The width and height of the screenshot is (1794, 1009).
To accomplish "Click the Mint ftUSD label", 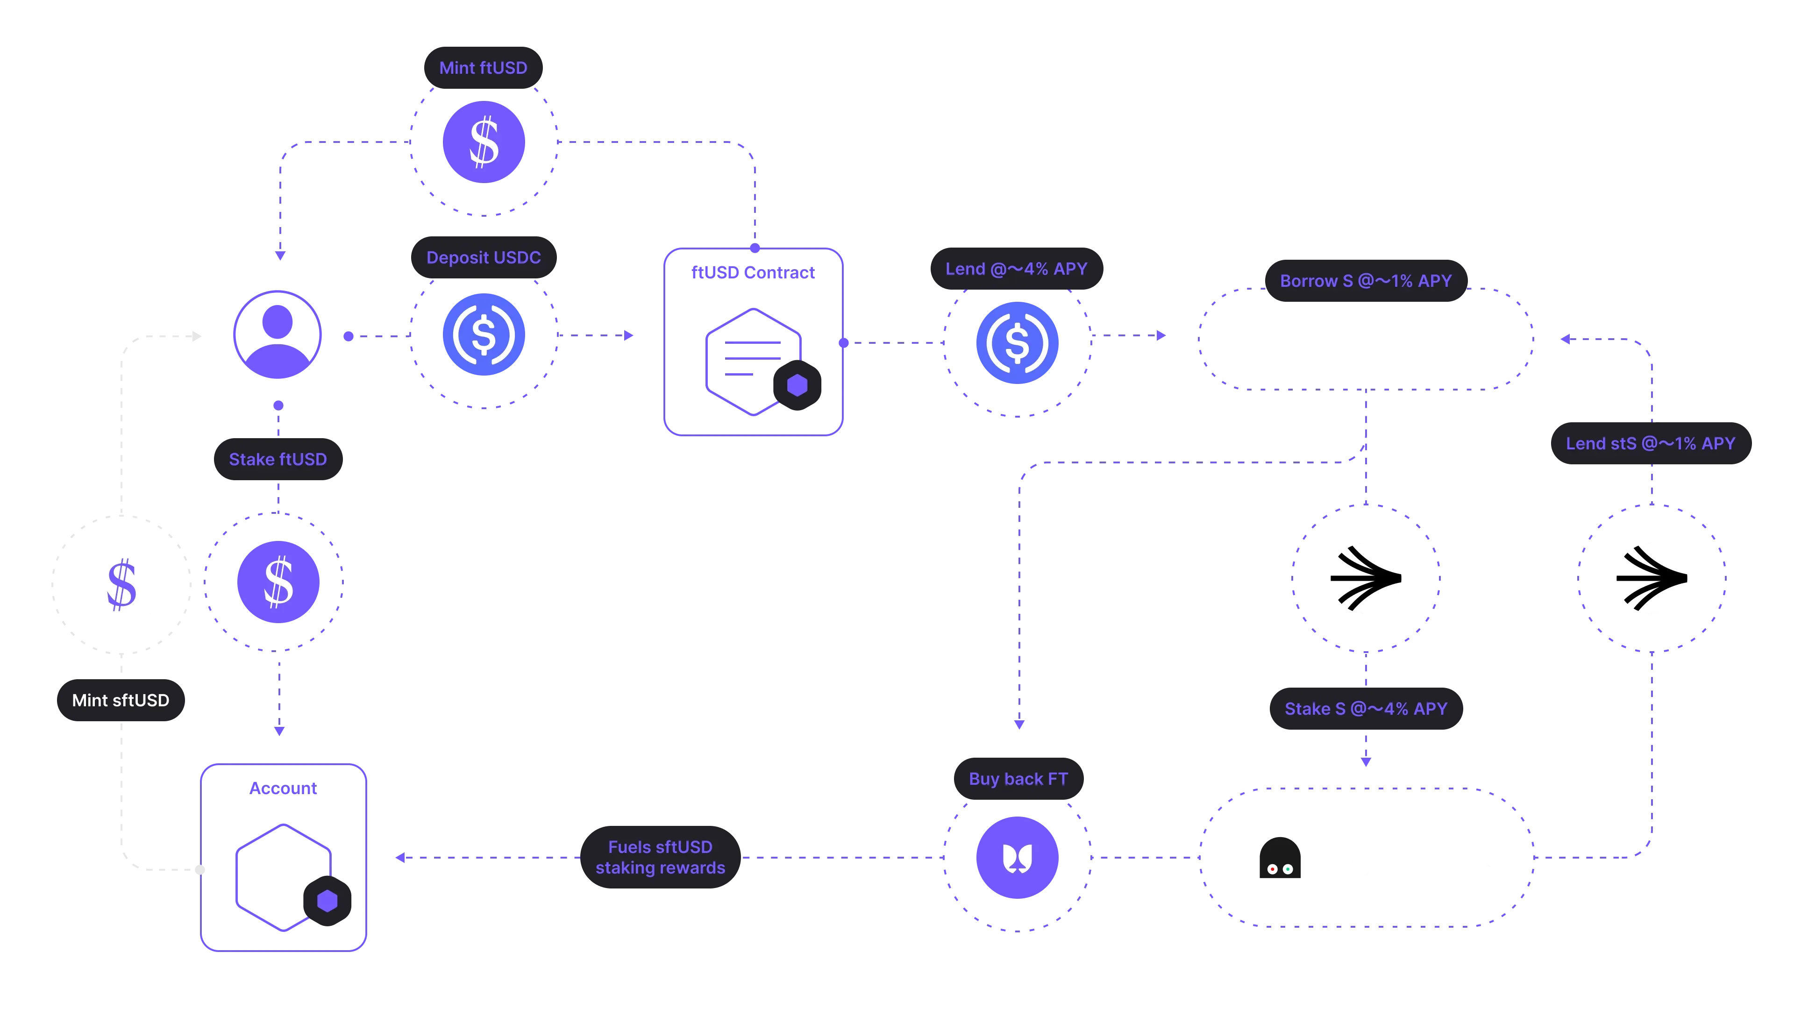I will (x=484, y=68).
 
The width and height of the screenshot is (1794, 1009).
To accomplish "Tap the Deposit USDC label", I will (x=484, y=258).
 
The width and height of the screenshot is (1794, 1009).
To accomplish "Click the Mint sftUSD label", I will (x=121, y=700).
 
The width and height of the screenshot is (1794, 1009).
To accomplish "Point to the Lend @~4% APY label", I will (x=1016, y=269).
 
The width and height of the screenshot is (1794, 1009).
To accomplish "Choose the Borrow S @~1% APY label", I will (x=1366, y=281).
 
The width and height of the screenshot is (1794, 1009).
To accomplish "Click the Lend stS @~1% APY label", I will (x=1651, y=444).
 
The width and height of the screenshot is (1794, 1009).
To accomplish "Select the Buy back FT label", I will (x=1018, y=779).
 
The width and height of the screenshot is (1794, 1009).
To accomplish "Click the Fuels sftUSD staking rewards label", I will (x=660, y=857).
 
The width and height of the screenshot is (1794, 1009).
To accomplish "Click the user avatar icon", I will (x=278, y=335).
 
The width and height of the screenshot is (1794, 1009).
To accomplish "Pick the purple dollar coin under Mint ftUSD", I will (x=484, y=142).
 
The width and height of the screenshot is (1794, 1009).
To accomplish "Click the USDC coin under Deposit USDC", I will (x=484, y=335).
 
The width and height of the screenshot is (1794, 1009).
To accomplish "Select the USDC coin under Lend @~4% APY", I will (x=1018, y=342).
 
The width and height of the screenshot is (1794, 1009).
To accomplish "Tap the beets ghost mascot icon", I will (x=1279, y=858).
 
